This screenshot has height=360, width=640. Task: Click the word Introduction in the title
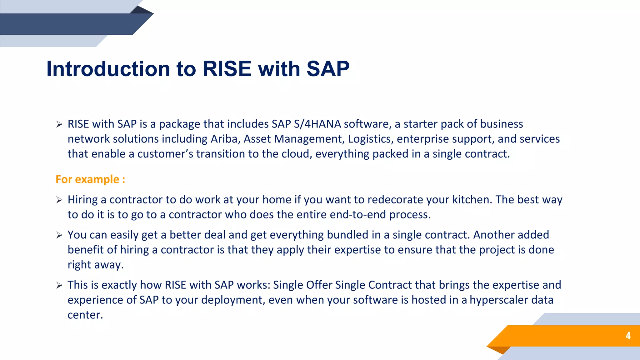click(108, 69)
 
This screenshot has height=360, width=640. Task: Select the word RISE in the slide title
click(227, 69)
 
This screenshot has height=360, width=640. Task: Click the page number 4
click(628, 336)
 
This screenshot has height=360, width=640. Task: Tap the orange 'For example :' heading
click(90, 179)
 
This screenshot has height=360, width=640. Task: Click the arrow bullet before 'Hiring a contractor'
click(59, 200)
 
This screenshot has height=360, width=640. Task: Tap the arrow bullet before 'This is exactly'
click(59, 285)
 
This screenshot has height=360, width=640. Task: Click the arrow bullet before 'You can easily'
click(59, 235)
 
